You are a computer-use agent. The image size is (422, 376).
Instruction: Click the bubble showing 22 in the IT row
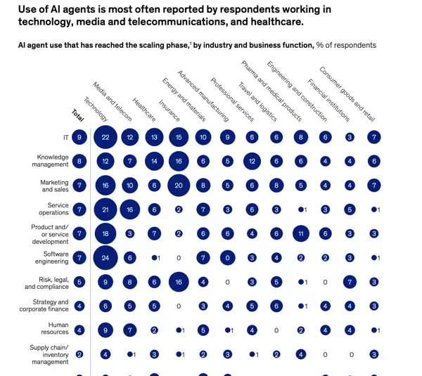tap(105, 138)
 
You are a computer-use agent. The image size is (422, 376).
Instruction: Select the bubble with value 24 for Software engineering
tap(105, 258)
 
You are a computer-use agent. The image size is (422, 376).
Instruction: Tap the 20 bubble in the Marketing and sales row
tap(179, 186)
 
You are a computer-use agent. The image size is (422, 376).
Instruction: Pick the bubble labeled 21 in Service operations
tap(105, 209)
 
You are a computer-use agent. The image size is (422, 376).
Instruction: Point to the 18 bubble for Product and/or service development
tap(105, 233)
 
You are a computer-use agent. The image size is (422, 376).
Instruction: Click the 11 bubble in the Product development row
tap(300, 233)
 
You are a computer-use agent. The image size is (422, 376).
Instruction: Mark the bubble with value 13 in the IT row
tap(154, 138)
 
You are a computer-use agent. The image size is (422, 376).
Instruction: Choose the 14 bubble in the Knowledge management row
tap(154, 162)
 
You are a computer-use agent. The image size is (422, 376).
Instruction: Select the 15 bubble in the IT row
tap(179, 138)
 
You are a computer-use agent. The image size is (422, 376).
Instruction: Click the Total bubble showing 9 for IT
tap(79, 138)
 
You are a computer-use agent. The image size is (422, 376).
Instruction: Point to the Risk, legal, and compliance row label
tap(47, 282)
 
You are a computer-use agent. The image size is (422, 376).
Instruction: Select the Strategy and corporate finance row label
tap(45, 306)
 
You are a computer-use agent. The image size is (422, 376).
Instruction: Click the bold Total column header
tap(77, 114)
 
